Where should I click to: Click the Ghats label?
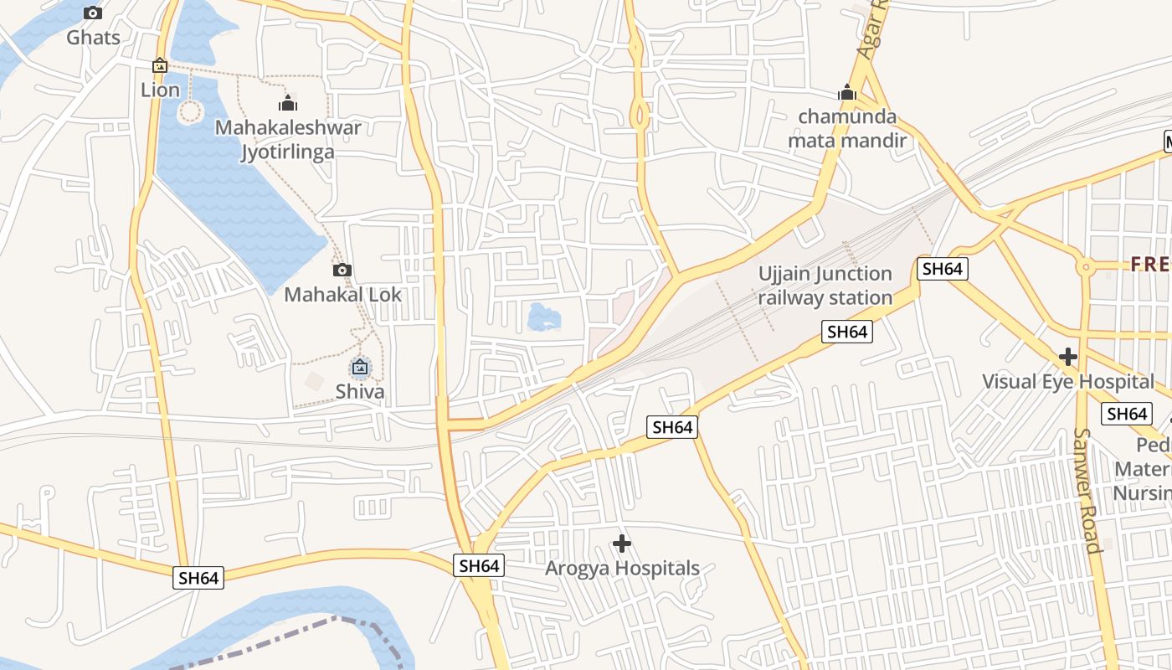(x=93, y=38)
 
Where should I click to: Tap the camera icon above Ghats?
(x=93, y=13)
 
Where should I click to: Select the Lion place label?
(x=160, y=90)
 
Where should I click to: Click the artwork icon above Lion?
(x=160, y=65)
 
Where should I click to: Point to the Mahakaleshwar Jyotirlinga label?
(x=288, y=139)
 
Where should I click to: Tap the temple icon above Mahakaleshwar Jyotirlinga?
(x=288, y=104)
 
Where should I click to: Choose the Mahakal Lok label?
(x=342, y=295)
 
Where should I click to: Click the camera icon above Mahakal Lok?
(x=342, y=270)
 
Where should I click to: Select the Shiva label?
(x=360, y=391)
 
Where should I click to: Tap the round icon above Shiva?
(x=360, y=367)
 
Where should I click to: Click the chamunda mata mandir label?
(x=847, y=128)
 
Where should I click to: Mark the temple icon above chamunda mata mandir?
(x=847, y=92)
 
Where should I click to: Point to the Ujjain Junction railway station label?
(x=825, y=286)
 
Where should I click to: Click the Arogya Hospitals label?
(x=622, y=569)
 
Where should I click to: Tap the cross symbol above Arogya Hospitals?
(x=622, y=544)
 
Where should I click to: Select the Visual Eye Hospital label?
(x=1067, y=382)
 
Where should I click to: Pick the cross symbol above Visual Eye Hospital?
(x=1067, y=357)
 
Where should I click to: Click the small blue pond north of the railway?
(x=544, y=317)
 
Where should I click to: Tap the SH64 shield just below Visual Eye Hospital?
(x=1127, y=414)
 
